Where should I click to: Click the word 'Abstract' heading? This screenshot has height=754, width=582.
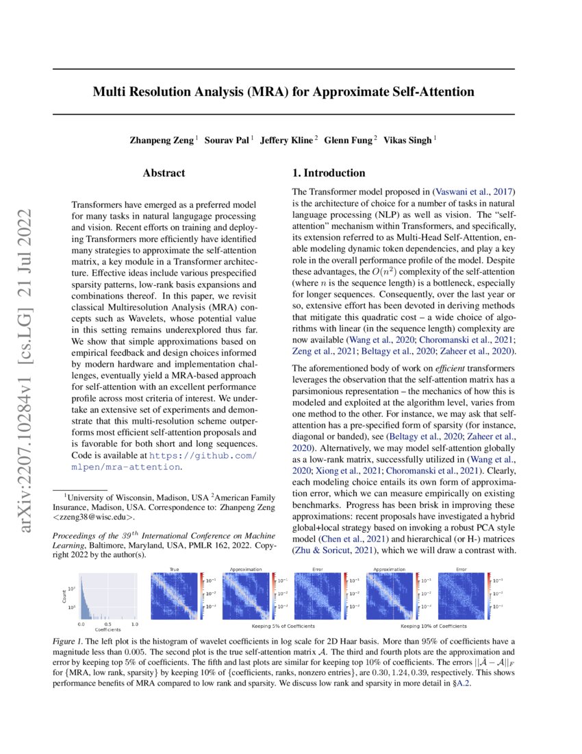tap(164, 173)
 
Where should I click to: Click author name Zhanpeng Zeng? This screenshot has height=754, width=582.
tap(162, 140)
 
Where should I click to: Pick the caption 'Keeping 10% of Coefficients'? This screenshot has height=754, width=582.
tap(433, 626)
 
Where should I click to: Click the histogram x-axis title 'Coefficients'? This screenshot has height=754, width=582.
tap(107, 629)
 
